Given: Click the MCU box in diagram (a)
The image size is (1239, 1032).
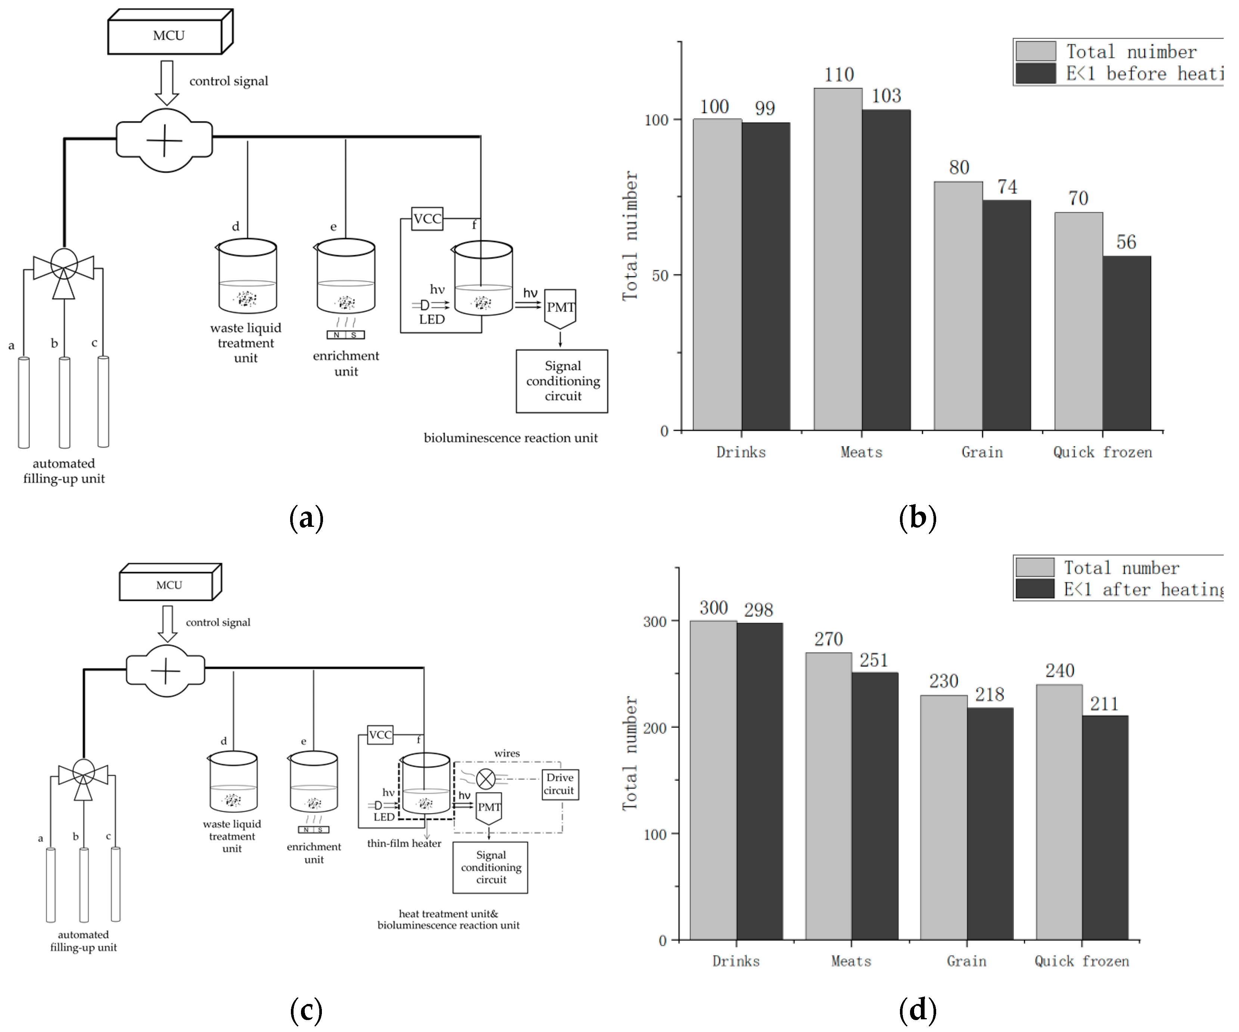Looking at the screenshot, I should (x=168, y=35).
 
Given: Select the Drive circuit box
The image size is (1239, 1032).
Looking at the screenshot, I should (x=559, y=784).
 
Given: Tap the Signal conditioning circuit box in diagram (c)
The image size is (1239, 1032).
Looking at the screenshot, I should (x=490, y=867).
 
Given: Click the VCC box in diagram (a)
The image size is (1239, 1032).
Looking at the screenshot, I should (x=427, y=219).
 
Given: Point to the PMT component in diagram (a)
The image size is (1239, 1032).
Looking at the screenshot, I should (x=559, y=308).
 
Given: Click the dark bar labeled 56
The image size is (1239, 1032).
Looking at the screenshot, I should (x=1126, y=342).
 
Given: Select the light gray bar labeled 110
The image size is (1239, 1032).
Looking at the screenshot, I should (x=838, y=260).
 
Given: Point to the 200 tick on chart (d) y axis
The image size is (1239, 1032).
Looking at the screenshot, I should (x=655, y=728).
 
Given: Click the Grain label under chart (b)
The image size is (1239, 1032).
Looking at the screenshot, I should (x=982, y=452).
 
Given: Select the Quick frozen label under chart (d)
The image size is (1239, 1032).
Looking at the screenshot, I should (x=1081, y=961).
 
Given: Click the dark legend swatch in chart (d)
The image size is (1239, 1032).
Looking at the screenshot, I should (x=1035, y=588).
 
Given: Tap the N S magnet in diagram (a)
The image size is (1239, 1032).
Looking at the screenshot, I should (x=346, y=335).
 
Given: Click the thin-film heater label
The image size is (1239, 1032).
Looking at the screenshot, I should (x=404, y=843).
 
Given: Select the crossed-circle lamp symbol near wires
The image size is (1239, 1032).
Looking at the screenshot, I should (x=485, y=779).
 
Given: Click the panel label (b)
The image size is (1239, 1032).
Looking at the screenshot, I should (x=917, y=518).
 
